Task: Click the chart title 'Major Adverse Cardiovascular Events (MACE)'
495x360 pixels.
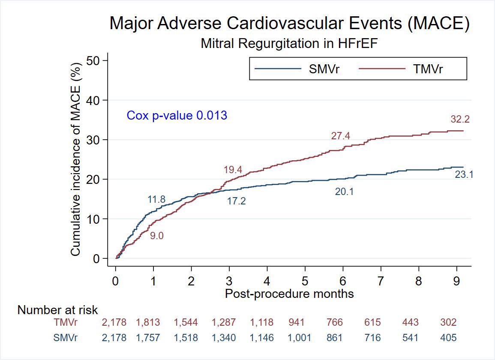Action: (290, 24)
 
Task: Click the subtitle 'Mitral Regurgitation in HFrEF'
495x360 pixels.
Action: (290, 43)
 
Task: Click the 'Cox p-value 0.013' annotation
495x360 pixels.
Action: (177, 115)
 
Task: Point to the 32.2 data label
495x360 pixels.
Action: (460, 120)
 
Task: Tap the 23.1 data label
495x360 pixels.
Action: (464, 175)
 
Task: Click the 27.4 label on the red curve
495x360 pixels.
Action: (341, 136)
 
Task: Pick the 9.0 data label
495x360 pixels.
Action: (157, 235)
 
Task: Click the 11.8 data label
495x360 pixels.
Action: (156, 199)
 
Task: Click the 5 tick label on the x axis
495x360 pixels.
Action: (305, 281)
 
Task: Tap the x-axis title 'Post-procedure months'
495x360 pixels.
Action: (290, 294)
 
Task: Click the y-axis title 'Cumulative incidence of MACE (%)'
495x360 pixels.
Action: (75, 159)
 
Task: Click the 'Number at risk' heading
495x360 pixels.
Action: (57, 310)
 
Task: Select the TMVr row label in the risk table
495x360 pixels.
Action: (66, 323)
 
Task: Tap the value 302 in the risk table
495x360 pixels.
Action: (448, 323)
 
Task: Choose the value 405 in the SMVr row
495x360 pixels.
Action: (448, 338)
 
